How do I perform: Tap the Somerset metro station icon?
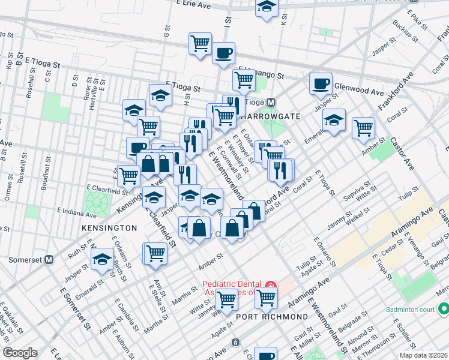[49, 260]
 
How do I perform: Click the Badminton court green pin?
[444, 309]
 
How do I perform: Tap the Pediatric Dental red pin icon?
[270, 285]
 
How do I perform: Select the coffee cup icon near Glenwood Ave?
[321, 83]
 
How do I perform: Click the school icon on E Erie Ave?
[267, 8]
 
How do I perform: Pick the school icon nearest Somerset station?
[101, 260]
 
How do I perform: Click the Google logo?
[20, 353]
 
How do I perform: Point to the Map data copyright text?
[424, 355]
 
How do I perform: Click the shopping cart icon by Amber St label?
[363, 127]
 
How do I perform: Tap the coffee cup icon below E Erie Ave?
[223, 53]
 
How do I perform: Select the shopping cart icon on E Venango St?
[244, 79]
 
